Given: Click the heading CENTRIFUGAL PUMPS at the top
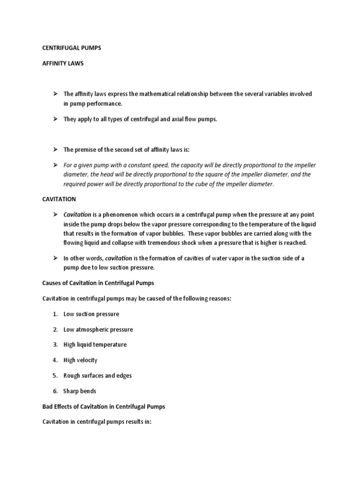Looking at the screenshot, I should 71,48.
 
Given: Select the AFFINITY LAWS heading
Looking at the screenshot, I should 63,63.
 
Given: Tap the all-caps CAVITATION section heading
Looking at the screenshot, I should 59,199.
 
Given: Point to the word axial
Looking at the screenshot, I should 177,119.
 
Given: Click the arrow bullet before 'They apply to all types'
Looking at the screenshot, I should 54,119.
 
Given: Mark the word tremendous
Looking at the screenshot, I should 173,242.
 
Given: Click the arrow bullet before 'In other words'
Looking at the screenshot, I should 54,258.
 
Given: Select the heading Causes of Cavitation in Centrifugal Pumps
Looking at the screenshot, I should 98,283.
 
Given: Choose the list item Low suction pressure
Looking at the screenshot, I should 91,314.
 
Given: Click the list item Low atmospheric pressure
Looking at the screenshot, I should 98,330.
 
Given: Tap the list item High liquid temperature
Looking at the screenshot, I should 95,345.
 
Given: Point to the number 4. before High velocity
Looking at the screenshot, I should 54,360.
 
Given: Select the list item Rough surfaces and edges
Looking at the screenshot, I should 97,375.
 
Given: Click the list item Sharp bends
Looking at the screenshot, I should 80,391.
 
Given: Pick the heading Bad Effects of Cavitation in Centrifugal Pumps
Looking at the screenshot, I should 104,406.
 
